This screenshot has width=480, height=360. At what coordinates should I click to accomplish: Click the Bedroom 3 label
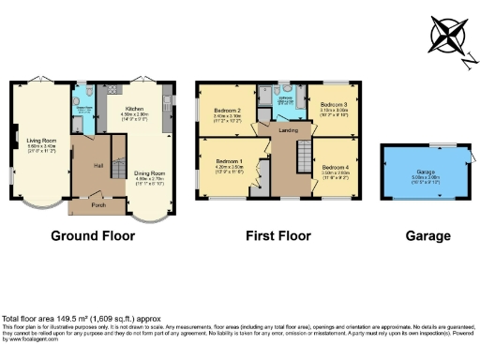pyautogui.click(x=335, y=103)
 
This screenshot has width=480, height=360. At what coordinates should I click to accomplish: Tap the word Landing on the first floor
pyautogui.click(x=287, y=130)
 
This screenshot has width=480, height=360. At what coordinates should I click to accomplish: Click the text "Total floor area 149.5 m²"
pyautogui.click(x=48, y=319)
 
